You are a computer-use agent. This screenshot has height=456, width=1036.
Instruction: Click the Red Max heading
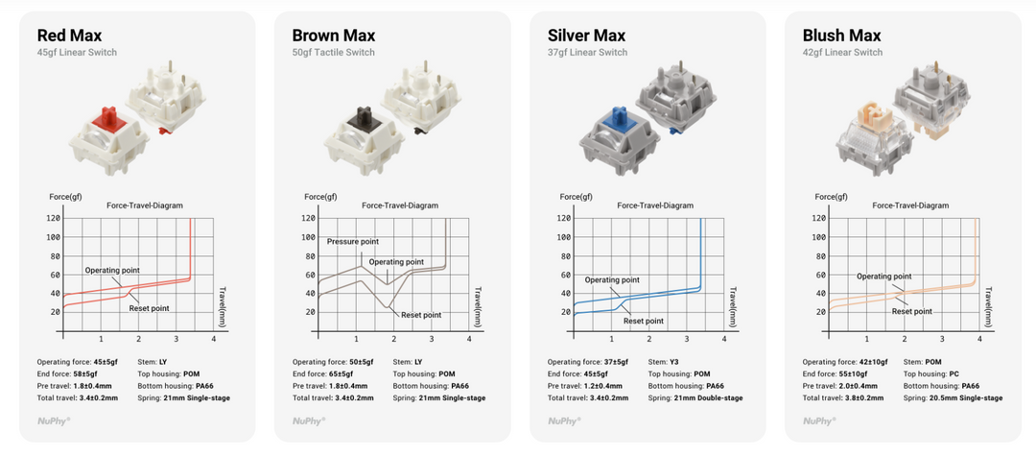click(x=69, y=35)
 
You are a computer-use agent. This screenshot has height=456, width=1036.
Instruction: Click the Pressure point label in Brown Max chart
click(x=353, y=242)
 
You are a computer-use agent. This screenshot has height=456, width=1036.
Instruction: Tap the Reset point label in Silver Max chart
click(x=644, y=322)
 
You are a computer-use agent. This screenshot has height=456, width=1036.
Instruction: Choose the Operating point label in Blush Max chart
click(x=884, y=276)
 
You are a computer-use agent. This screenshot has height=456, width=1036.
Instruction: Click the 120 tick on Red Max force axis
click(x=54, y=218)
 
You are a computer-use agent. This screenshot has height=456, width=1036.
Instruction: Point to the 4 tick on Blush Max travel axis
click(x=979, y=339)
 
